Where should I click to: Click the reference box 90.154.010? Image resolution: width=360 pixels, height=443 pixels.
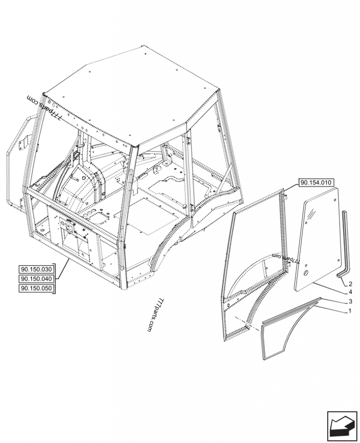[315, 182]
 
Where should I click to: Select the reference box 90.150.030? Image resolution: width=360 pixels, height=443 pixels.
[36, 270]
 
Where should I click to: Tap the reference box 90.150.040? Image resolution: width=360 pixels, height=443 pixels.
[36, 279]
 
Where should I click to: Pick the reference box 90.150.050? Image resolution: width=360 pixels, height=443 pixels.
[36, 289]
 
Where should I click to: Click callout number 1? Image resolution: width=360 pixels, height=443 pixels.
[350, 311]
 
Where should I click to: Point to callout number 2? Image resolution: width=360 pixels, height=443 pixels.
[350, 284]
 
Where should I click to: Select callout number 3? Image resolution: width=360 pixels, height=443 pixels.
[350, 301]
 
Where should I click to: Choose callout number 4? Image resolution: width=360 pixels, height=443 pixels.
[350, 292]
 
